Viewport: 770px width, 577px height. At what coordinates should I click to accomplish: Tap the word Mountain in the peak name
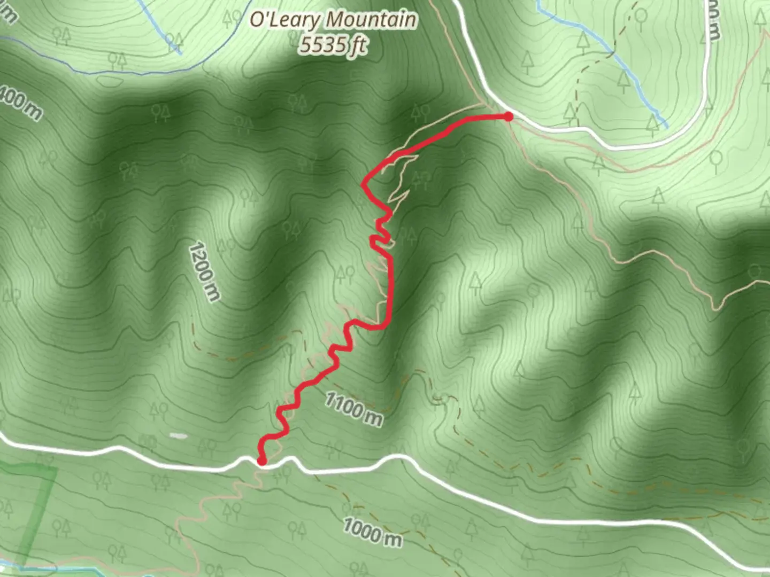[372, 20]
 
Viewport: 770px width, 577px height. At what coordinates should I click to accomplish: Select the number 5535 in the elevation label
[323, 45]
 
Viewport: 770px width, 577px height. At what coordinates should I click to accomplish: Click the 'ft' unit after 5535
[358, 46]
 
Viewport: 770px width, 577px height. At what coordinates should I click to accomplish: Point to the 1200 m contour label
[204, 272]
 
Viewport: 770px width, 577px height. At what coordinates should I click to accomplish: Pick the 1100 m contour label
[353, 409]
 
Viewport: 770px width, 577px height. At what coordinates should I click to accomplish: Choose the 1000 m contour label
[372, 532]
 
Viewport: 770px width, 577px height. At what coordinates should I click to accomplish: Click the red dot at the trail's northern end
[509, 116]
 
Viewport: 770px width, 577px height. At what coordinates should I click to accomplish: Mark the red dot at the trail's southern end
[262, 461]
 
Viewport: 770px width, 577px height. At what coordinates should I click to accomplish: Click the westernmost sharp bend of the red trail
[364, 185]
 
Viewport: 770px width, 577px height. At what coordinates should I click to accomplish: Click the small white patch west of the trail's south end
[179, 436]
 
